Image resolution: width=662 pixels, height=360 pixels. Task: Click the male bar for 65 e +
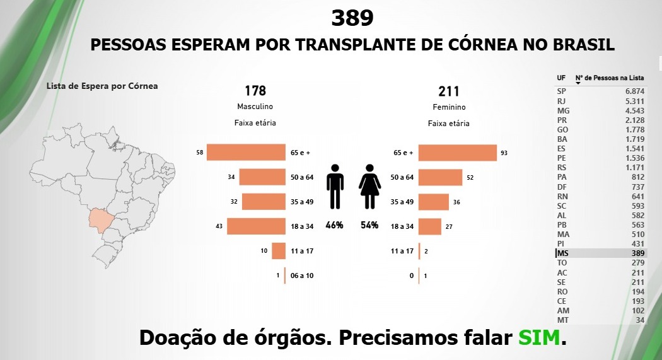pos(246,152)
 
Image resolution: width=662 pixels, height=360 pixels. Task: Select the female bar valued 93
pos(457,153)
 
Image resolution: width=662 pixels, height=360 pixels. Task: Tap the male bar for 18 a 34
pos(256,226)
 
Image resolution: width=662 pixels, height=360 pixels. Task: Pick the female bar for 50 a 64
pos(440,178)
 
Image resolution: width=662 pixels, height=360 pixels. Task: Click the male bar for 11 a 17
pos(279,251)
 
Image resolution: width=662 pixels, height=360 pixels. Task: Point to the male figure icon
pos(335,187)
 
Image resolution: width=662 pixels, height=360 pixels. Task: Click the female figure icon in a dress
pos(369,187)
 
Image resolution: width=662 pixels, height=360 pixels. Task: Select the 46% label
pos(335,225)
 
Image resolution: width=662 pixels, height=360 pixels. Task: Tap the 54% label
pos(369,225)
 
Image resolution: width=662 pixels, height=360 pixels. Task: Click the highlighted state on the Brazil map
pos(100,219)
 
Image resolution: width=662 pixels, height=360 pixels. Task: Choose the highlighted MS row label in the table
pos(562,253)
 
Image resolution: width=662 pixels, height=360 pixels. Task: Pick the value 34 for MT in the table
pos(639,320)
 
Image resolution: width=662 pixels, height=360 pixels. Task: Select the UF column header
pos(561,78)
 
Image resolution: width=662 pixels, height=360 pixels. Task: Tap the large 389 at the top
pos(352,18)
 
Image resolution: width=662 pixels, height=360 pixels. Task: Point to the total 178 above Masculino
pos(255,91)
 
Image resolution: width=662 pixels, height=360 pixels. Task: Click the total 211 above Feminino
pos(448,91)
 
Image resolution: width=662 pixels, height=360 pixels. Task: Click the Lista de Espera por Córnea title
pos(102,86)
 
